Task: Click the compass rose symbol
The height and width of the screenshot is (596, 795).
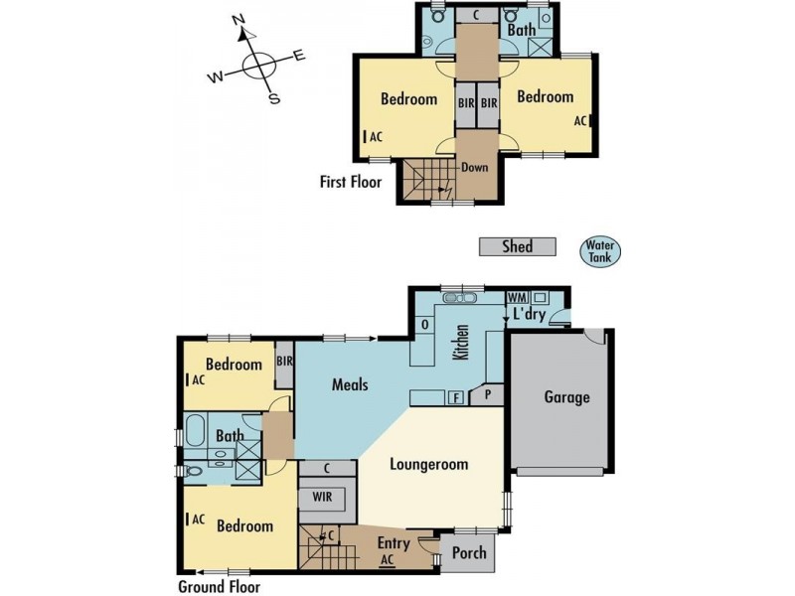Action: (x=258, y=66)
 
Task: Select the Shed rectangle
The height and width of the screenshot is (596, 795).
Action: (x=518, y=247)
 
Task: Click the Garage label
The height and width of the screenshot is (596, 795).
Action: (x=566, y=397)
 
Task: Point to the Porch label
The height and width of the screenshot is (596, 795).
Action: (x=469, y=552)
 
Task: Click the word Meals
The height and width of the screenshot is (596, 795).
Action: (x=351, y=384)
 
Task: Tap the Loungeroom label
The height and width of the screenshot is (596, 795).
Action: (x=428, y=464)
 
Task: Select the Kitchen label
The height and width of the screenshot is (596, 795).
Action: (x=461, y=343)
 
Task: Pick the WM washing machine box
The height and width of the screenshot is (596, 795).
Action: (x=516, y=297)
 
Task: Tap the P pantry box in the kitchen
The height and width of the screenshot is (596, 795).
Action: (x=488, y=392)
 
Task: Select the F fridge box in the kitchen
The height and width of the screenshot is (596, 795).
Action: (x=455, y=398)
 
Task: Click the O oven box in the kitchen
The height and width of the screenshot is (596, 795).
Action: (x=425, y=324)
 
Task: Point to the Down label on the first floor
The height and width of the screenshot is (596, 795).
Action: (x=474, y=167)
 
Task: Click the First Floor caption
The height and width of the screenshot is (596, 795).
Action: (x=350, y=182)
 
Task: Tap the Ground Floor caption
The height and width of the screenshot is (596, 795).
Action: (x=220, y=586)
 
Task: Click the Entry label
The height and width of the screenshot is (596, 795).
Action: (x=395, y=543)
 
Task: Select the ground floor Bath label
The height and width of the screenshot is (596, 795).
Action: (x=230, y=435)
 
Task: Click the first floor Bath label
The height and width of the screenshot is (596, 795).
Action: (x=522, y=31)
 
